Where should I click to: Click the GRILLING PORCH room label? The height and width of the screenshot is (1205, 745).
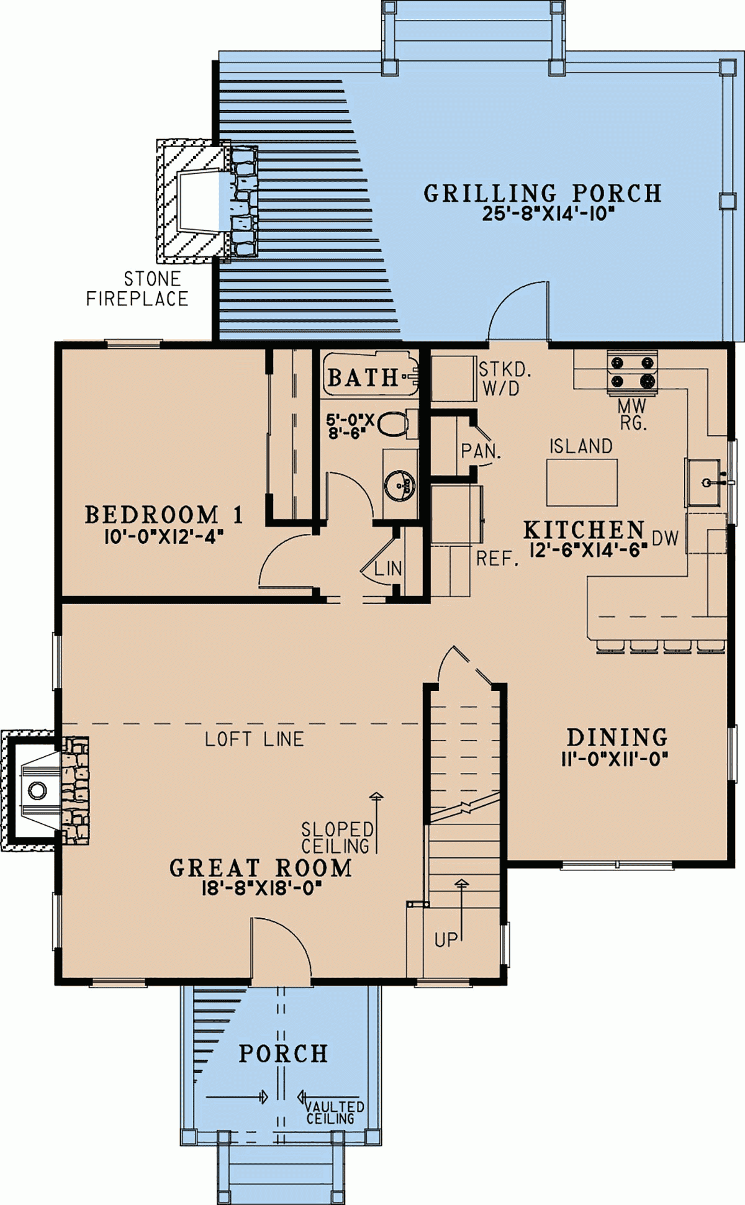543,193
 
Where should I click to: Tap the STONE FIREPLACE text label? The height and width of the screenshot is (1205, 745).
137,289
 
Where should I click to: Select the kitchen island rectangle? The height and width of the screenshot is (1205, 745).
582,482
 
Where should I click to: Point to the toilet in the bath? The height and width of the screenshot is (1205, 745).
392,425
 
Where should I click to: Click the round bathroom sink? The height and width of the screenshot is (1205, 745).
399,485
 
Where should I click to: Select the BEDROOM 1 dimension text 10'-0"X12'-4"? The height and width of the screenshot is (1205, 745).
164,536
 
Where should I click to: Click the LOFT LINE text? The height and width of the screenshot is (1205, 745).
255,739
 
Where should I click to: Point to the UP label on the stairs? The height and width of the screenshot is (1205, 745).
446,940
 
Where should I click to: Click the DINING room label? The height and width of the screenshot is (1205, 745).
617,737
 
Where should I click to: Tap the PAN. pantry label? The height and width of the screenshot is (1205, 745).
481,451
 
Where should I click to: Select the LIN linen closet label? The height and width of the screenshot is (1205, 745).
388,568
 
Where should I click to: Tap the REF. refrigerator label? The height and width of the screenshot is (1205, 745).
497,559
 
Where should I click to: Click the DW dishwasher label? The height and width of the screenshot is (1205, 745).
665,538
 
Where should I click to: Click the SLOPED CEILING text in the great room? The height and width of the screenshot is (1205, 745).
337,837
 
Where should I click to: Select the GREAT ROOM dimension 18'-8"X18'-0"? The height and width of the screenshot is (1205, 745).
261,888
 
